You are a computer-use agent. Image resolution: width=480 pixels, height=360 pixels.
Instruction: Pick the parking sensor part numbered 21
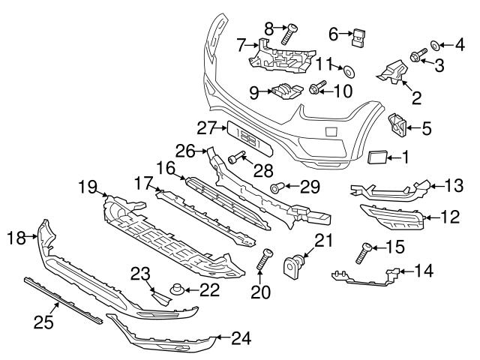click(293, 265)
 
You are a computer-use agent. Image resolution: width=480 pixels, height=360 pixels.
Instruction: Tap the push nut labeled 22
click(178, 288)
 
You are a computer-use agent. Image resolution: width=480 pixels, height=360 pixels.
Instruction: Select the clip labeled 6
click(361, 34)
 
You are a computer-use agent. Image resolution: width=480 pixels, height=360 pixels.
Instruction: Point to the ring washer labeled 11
click(349, 71)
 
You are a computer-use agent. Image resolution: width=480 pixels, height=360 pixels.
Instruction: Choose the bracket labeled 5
click(397, 126)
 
